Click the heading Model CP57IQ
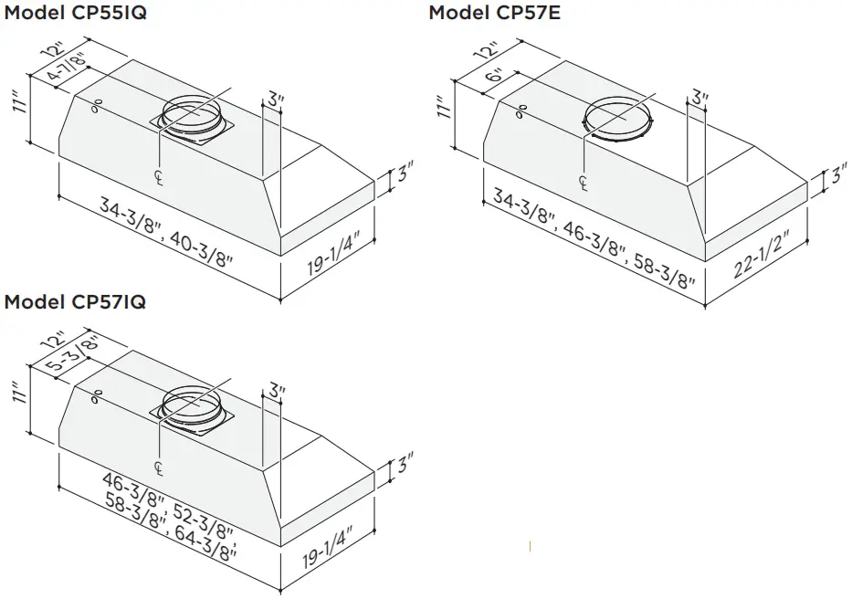[x=75, y=300]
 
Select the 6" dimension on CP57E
[x=495, y=78]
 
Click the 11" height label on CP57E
[x=445, y=110]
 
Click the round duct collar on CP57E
[x=617, y=120]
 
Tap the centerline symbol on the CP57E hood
[x=584, y=183]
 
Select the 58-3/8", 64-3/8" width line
[x=168, y=530]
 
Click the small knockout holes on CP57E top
[x=521, y=113]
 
